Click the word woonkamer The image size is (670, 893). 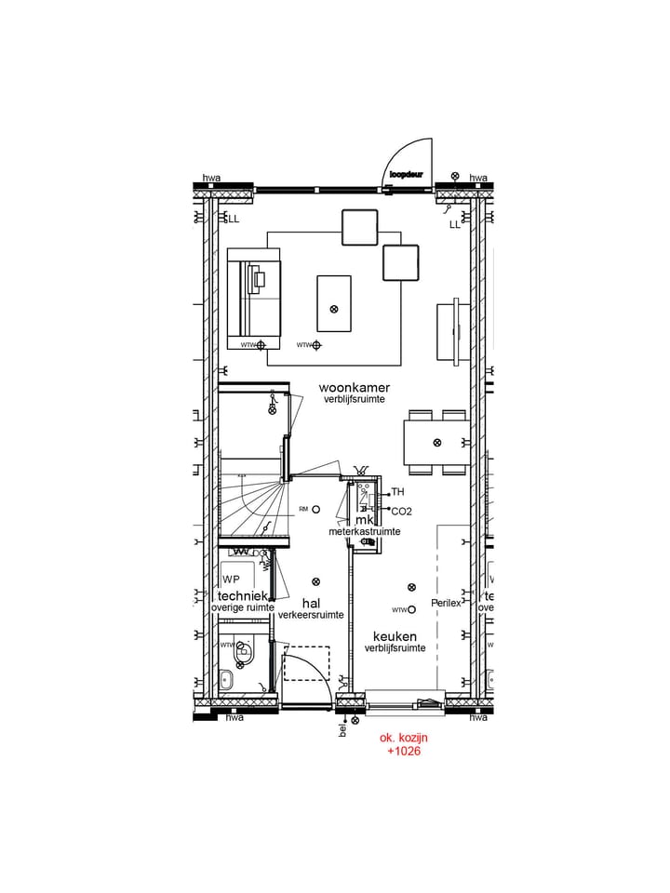point(354,387)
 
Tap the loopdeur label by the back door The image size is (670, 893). point(407,174)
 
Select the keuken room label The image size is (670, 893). point(395,635)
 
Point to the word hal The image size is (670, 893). point(311,602)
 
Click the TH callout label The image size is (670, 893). point(398,492)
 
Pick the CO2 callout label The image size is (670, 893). point(401,512)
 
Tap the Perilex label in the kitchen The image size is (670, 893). point(446,603)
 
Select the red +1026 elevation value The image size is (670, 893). point(404,751)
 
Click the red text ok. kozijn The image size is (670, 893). point(404,737)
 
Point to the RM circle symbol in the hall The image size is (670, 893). point(316,509)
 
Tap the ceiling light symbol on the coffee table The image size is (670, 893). point(334,309)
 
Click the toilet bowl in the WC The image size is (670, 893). point(243,654)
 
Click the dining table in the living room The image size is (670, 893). point(436,443)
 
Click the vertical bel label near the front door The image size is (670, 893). point(342,730)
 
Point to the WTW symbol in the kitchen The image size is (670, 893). point(411,610)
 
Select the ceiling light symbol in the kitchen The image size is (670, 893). point(411,587)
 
